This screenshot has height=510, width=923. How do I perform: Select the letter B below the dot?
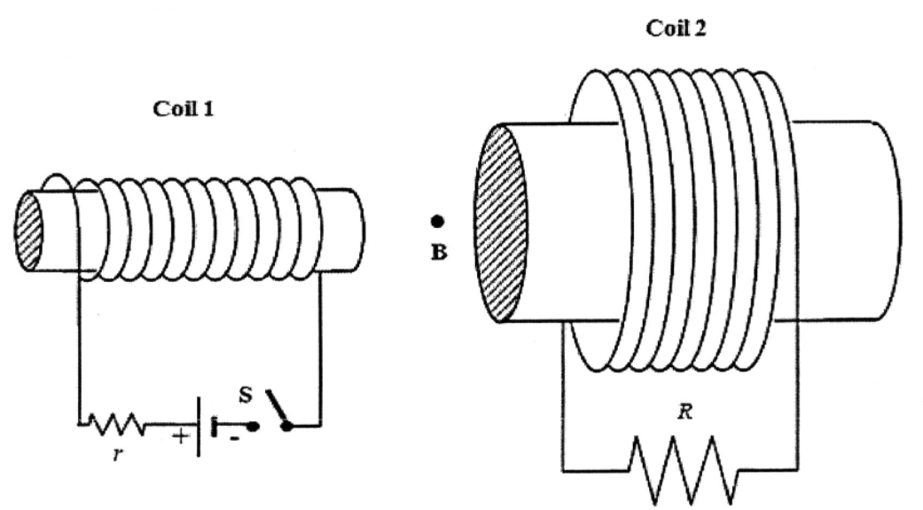[438, 252]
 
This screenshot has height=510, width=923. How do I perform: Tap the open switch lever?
[278, 408]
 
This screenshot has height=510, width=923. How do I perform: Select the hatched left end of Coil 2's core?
[501, 224]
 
